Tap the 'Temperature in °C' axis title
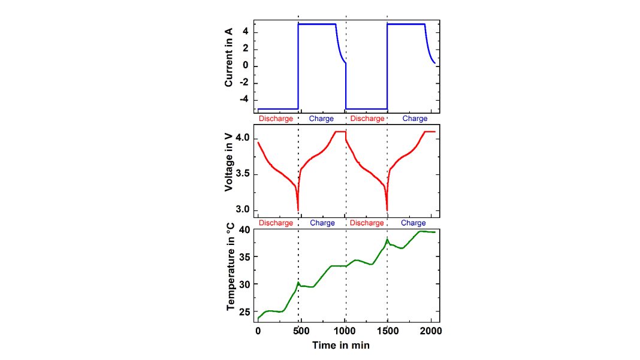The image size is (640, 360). pyautogui.click(x=230, y=274)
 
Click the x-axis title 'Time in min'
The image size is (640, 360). pyautogui.click(x=340, y=346)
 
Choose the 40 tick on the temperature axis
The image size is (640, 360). pyautogui.click(x=244, y=230)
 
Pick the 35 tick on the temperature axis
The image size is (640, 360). pyautogui.click(x=244, y=257)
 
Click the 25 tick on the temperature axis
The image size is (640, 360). pyautogui.click(x=244, y=312)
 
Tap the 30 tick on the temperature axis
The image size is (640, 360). pyautogui.click(x=244, y=285)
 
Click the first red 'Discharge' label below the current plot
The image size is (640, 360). pyautogui.click(x=276, y=119)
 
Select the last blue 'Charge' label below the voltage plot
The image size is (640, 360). pyautogui.click(x=413, y=223)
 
